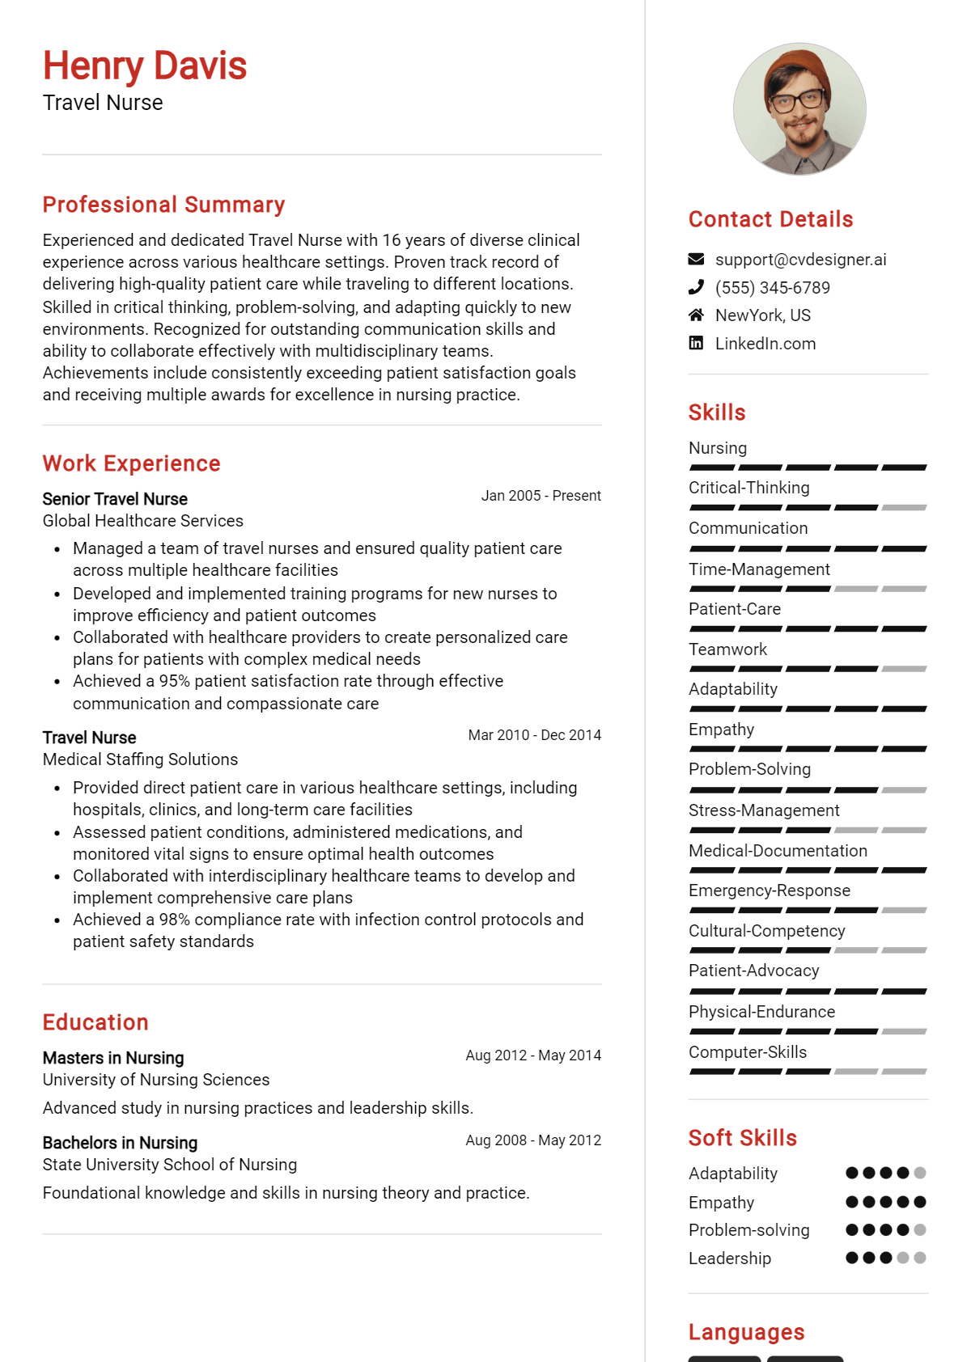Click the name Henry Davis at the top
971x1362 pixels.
point(144,66)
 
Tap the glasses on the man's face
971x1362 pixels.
point(796,101)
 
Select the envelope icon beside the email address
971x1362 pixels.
point(696,260)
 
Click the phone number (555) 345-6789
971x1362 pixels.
point(772,288)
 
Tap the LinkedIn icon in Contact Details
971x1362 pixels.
point(696,343)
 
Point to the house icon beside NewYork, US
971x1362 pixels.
point(696,315)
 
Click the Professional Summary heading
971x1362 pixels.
point(163,205)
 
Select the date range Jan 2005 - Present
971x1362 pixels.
point(541,496)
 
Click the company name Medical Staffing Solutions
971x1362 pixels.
point(140,759)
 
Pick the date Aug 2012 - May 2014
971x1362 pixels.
point(533,1055)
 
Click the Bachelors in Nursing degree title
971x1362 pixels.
point(120,1143)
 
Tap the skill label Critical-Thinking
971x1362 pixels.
point(748,488)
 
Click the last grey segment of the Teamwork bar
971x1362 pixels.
point(904,669)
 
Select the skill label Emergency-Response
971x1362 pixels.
point(769,890)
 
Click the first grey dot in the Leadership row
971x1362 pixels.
point(903,1258)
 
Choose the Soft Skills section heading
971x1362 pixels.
point(742,1138)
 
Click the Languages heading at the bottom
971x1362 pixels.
point(746,1332)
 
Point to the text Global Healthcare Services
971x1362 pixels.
point(142,521)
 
